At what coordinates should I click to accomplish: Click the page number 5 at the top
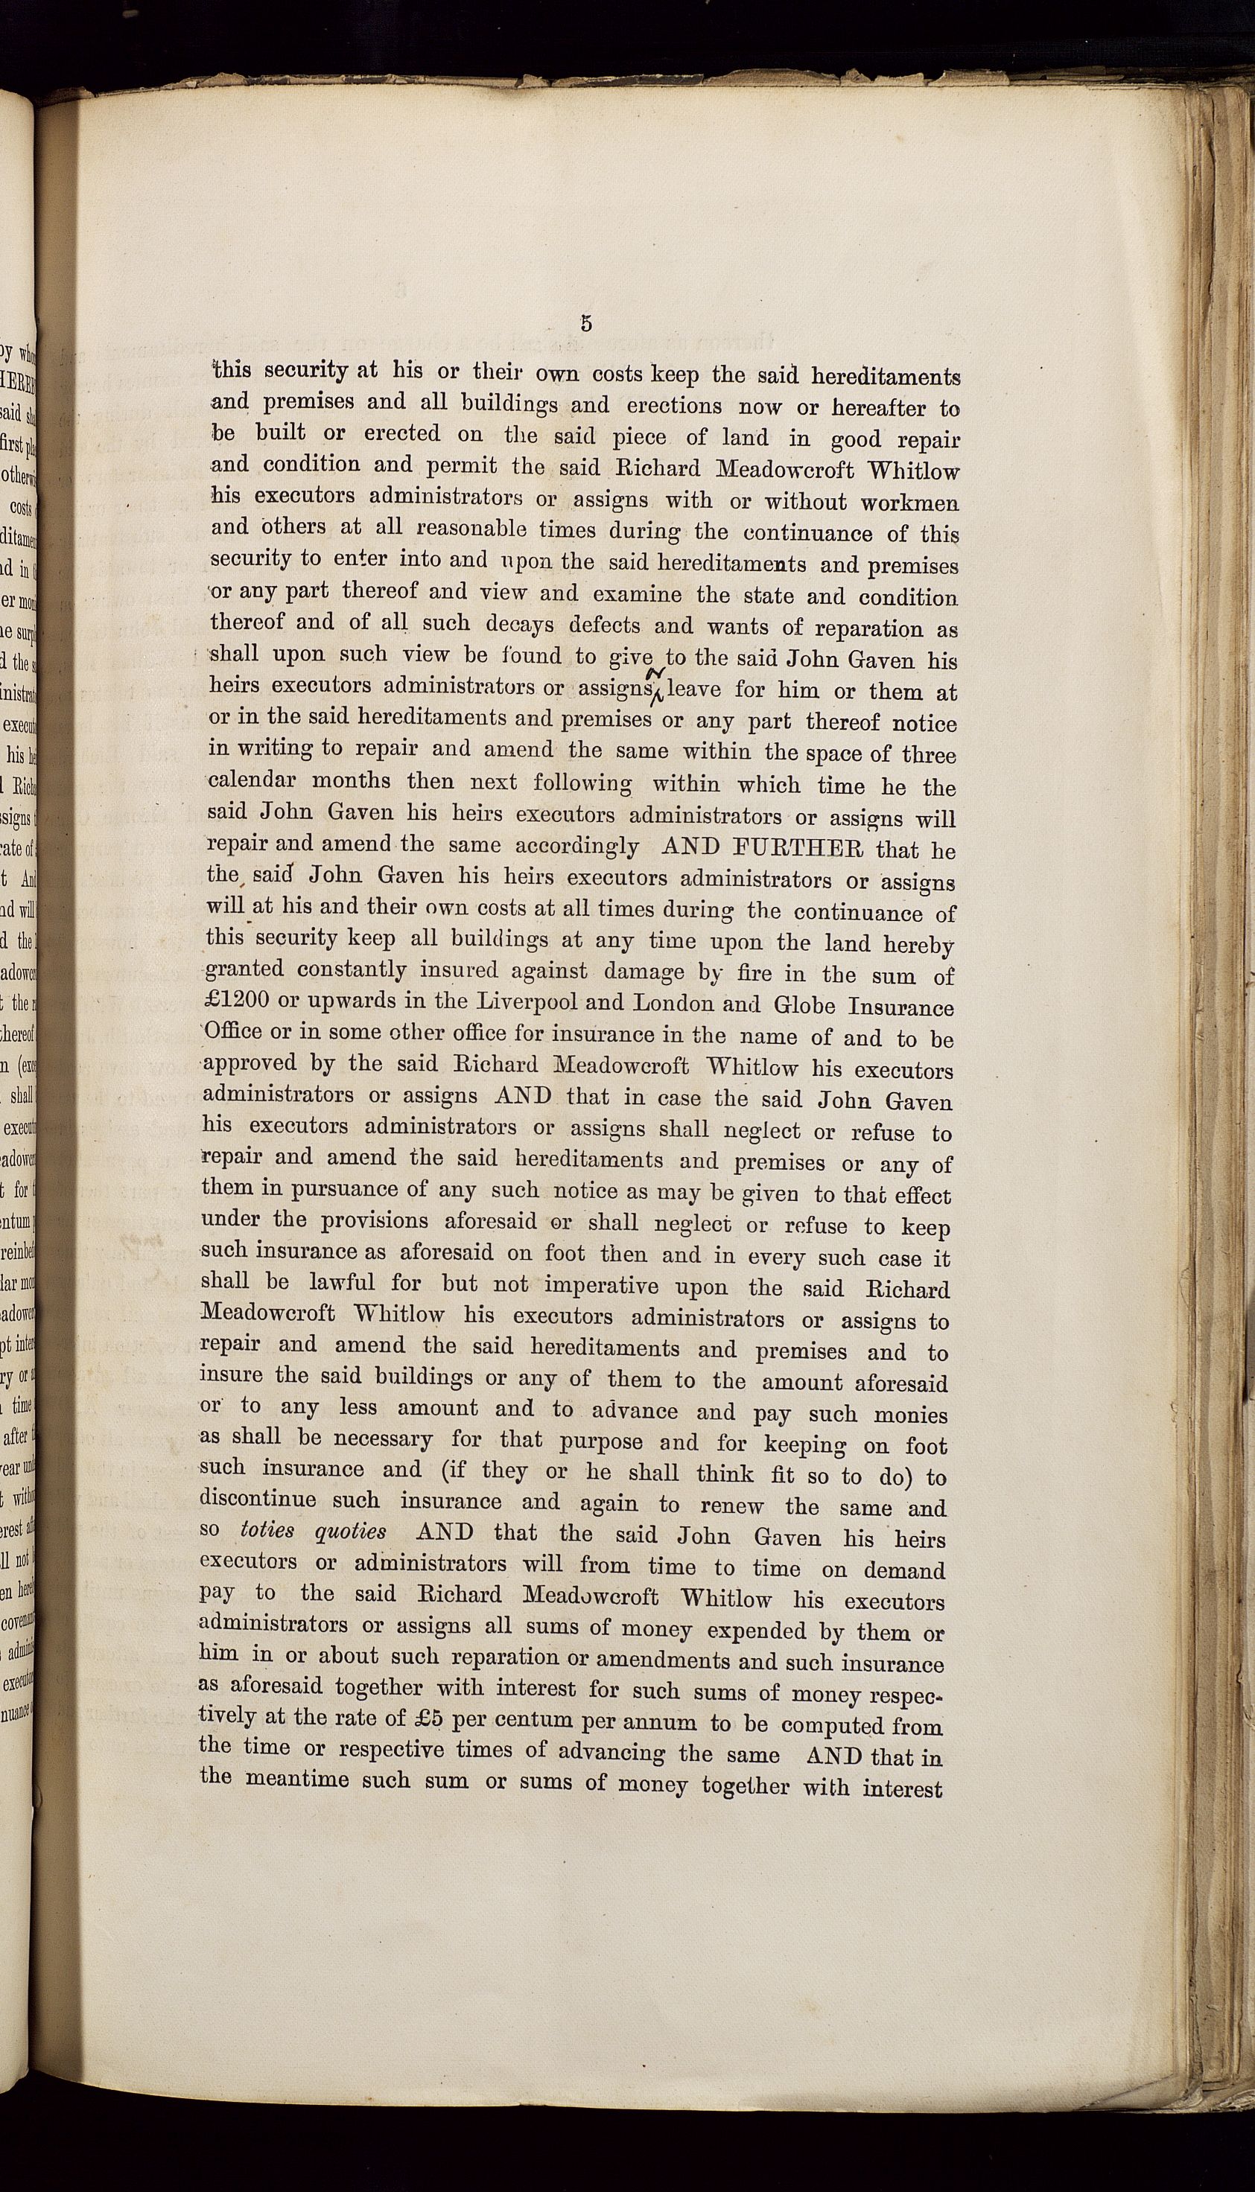pyautogui.click(x=586, y=324)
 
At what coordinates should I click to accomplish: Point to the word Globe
pyautogui.click(x=807, y=1007)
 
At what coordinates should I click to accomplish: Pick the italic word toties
pyautogui.click(x=268, y=1531)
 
